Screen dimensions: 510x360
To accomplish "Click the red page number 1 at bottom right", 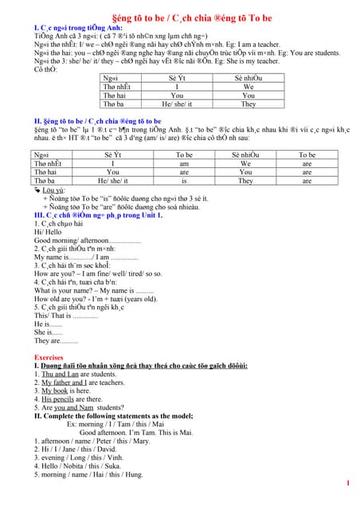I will pos(348,483).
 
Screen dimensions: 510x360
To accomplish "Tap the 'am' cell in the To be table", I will pos(184,163).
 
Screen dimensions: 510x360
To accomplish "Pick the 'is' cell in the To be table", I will pos(184,181).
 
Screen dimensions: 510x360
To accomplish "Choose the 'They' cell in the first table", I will pos(248,104).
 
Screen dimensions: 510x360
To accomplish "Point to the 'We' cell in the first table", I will pos(248,86).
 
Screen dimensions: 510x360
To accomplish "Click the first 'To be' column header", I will pos(184,155).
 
